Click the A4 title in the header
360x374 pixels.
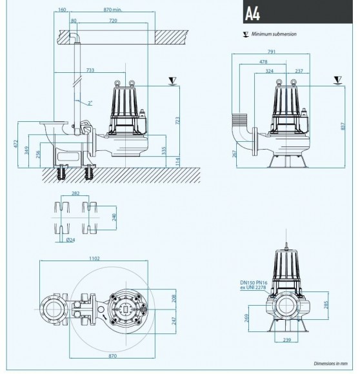(254, 14)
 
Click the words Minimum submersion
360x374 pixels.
(274, 34)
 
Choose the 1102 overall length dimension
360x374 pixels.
(95, 258)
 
